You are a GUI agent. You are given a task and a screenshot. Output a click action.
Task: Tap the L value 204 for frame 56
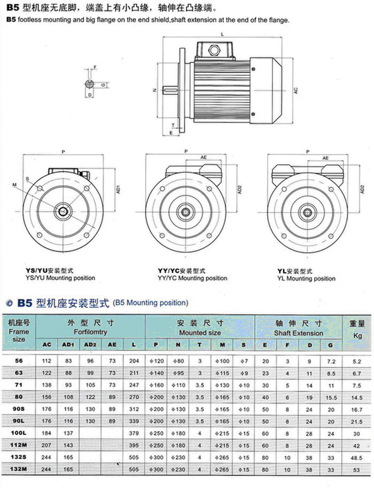(134, 362)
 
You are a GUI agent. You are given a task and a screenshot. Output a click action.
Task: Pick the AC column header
(47, 345)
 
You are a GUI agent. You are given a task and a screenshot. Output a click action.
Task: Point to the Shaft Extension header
(299, 333)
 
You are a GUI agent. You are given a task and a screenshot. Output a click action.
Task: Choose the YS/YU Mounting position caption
(60, 278)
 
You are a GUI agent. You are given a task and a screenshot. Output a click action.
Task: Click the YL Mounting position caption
(307, 278)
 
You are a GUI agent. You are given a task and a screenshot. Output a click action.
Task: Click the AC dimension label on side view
(295, 91)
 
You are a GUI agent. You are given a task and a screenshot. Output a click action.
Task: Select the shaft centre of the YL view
(308, 212)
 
